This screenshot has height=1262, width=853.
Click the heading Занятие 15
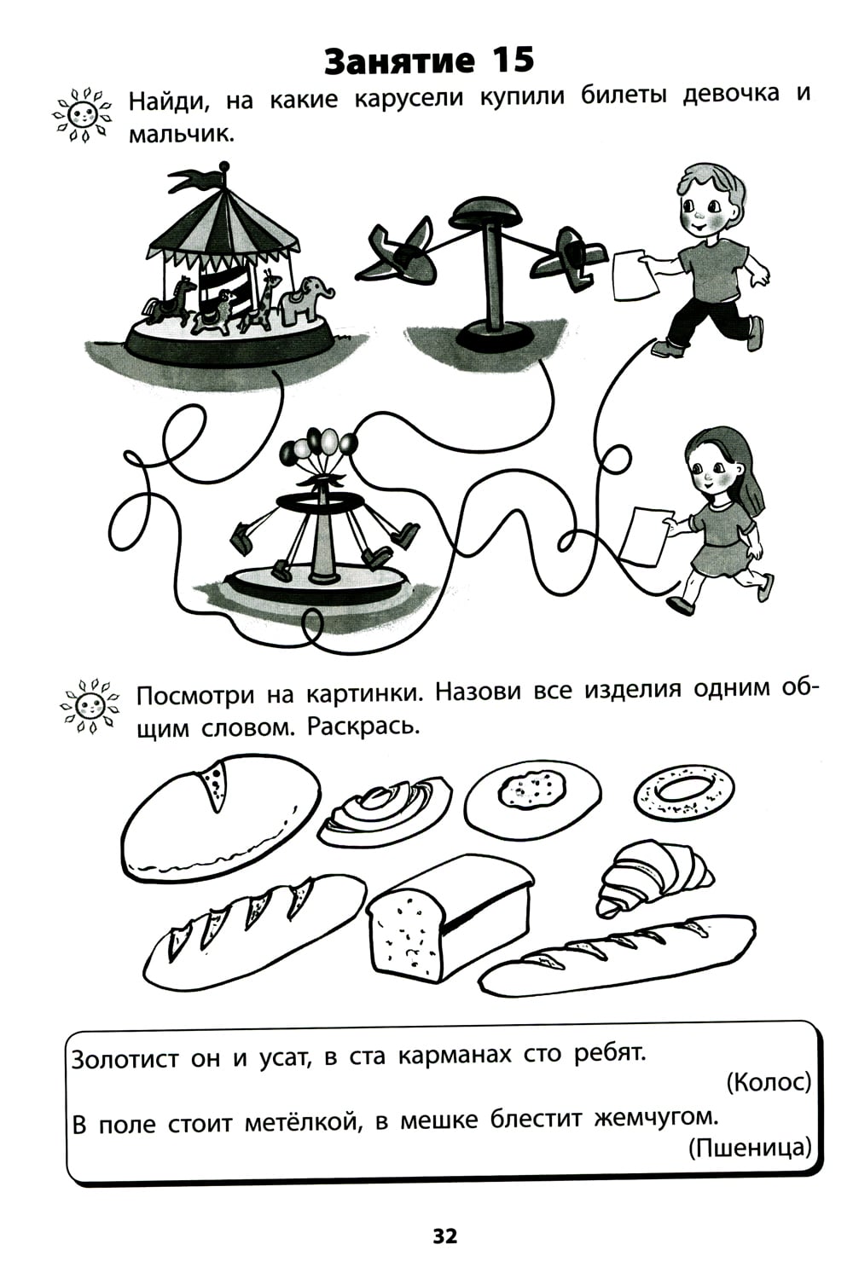(x=429, y=60)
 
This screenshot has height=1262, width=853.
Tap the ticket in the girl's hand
(x=647, y=535)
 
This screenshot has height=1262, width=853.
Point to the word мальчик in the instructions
(x=181, y=136)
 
